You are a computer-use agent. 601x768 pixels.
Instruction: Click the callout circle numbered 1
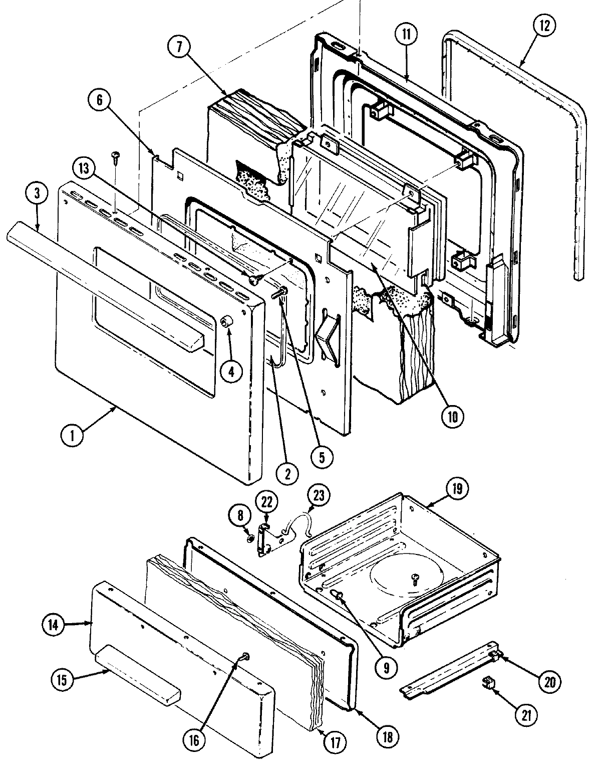pos(72,435)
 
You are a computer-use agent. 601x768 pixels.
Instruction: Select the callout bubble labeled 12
pos(544,26)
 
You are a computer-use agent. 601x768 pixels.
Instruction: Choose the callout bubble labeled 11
pos(405,35)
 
